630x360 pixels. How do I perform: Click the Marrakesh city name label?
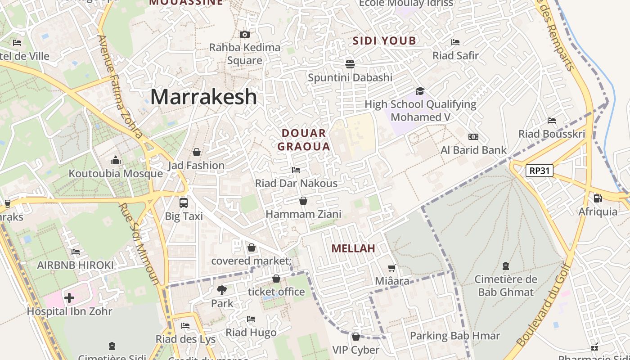tap(203, 97)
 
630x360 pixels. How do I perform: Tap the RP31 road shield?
tap(539, 171)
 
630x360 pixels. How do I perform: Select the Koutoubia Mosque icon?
tap(116, 161)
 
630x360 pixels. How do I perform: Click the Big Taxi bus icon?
tap(184, 202)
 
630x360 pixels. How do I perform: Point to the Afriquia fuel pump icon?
tap(598, 198)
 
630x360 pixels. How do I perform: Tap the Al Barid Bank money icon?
tap(473, 137)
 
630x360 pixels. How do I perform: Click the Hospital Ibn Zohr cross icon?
tap(69, 297)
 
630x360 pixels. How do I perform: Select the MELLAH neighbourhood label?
tap(353, 248)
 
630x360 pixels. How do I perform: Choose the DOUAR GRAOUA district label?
tap(304, 139)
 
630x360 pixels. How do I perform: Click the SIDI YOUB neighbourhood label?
tap(384, 41)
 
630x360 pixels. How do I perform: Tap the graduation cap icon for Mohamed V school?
tap(420, 91)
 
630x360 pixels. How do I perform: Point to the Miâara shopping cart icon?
tap(392, 268)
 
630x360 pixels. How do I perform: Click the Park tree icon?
tap(222, 290)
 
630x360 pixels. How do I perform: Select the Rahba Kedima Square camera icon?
tap(245, 34)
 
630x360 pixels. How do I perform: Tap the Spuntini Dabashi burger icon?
tap(350, 64)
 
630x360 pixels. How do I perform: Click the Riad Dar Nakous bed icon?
tap(296, 170)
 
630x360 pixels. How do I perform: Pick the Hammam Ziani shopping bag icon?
tap(303, 201)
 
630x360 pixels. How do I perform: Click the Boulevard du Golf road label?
tap(543, 306)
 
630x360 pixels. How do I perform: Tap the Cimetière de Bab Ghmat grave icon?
tap(506, 266)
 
